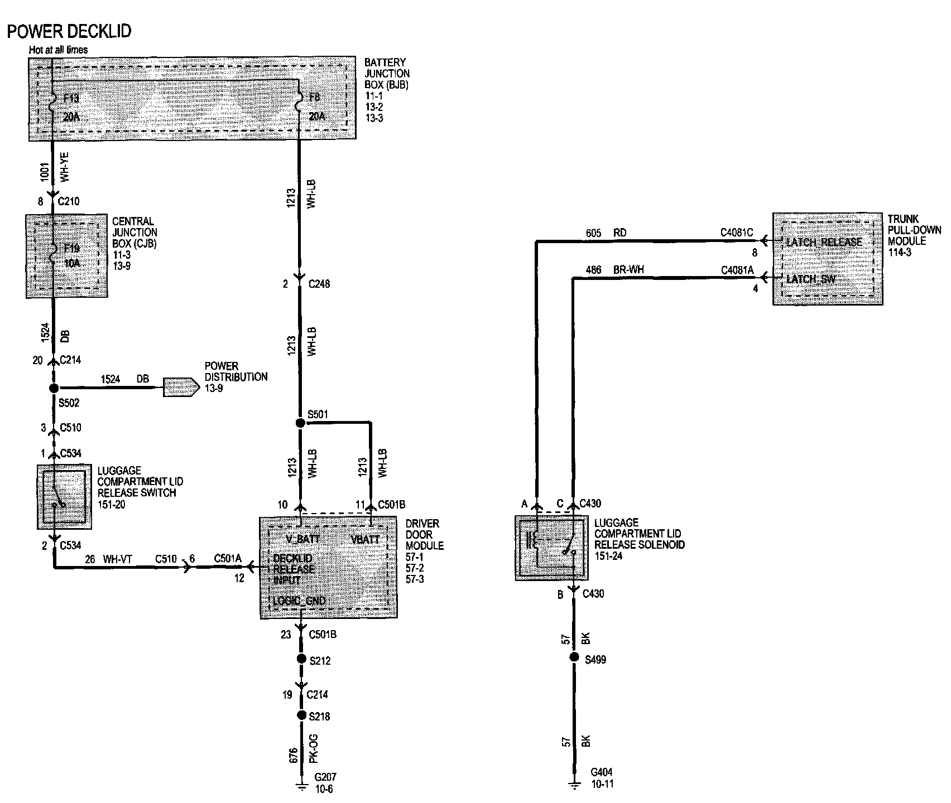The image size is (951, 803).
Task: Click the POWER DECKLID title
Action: click(69, 31)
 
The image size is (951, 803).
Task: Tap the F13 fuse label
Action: click(71, 99)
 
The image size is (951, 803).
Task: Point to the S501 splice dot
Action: click(300, 423)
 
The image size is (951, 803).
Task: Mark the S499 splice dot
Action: click(574, 657)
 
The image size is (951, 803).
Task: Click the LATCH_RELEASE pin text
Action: click(824, 242)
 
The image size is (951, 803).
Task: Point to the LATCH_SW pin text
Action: click(810, 279)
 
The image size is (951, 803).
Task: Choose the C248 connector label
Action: click(319, 284)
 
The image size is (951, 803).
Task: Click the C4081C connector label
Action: click(737, 233)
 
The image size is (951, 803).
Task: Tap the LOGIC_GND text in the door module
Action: click(299, 601)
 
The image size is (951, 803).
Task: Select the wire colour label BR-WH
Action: click(628, 270)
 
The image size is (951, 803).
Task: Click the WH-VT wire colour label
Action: click(117, 559)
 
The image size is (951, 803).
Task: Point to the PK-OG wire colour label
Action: click(314, 748)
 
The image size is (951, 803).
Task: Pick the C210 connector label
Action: click(69, 201)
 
